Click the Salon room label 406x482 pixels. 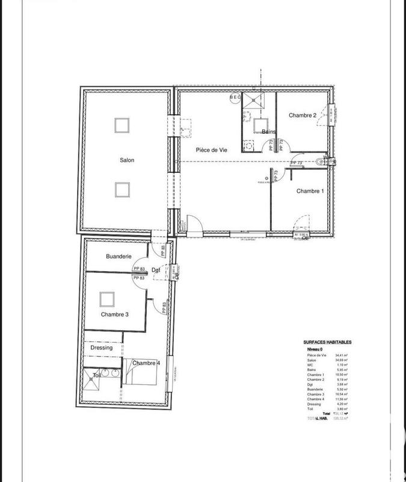coord(126,160)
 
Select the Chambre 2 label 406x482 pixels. coord(302,115)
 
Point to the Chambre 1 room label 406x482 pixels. coord(310,191)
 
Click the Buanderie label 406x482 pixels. coord(118,256)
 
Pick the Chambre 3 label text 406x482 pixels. coord(115,315)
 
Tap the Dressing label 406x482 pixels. coord(102,348)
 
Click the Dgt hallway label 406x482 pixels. coord(155,269)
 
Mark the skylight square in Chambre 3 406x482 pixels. coord(107,298)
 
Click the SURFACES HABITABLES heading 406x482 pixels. coord(327,342)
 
